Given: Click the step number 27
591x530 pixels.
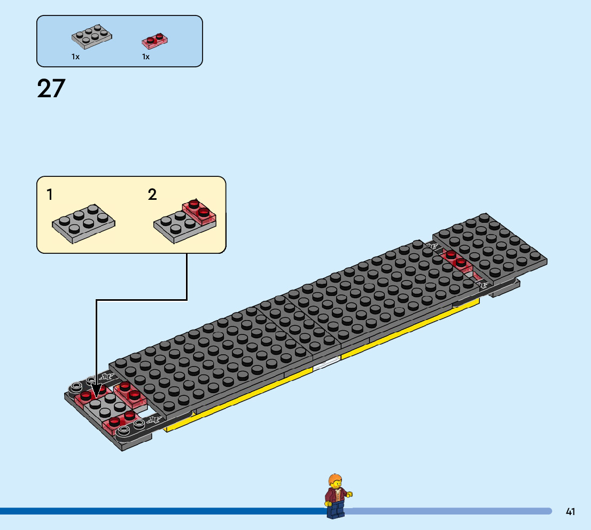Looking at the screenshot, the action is pos(51,89).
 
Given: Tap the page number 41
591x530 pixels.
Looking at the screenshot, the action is pos(570,512).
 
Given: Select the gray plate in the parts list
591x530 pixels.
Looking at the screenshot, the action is pos(92,37).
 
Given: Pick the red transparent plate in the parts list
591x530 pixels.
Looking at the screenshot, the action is pos(155,40).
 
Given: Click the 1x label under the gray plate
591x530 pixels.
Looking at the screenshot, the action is pos(75,57).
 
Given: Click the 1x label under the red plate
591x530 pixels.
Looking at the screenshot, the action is pos(145,57).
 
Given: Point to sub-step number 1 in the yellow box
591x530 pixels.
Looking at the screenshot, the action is pos(50,195).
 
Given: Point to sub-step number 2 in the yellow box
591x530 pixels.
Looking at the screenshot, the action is pos(152,195).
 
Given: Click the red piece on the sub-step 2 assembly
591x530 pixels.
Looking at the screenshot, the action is pos(200,211).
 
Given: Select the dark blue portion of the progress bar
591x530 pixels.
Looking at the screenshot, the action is pos(160,511).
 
